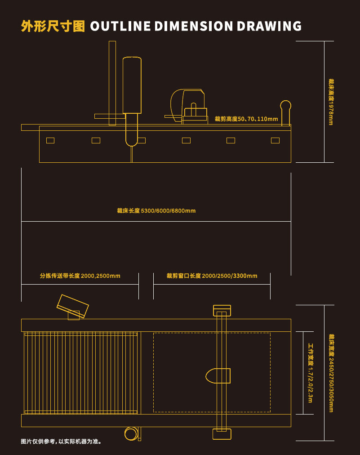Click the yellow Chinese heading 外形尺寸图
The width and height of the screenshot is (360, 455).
pos(53,27)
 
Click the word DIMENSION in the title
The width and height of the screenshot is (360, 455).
pos(193,27)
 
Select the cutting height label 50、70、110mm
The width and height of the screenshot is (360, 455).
pos(246,119)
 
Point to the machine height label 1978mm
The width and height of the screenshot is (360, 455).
pos(331,102)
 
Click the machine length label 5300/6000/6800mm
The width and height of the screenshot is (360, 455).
pos(156,211)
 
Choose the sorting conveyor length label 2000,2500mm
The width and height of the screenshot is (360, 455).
pos(80,276)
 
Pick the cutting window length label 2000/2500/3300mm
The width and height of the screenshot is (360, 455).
pos(212,276)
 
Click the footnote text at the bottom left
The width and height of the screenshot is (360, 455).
pos(62,442)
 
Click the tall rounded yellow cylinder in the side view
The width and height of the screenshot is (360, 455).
pos(132,85)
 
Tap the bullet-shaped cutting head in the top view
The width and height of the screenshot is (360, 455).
pos(218,376)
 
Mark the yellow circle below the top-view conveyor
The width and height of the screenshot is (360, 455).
pos(131,433)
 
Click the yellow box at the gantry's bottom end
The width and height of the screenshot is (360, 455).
pos(222,434)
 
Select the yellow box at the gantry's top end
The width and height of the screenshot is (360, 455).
pos(222,310)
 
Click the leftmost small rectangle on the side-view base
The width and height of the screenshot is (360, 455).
pos(50,140)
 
